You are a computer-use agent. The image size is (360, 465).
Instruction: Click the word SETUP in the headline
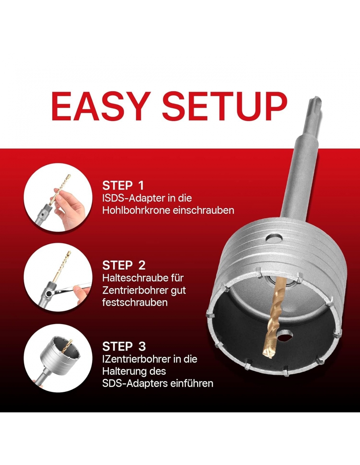point(225,106)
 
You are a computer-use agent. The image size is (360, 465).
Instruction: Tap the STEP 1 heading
point(123,185)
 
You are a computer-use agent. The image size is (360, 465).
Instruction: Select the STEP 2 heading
point(124,265)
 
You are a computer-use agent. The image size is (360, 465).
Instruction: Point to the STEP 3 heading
point(124,346)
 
